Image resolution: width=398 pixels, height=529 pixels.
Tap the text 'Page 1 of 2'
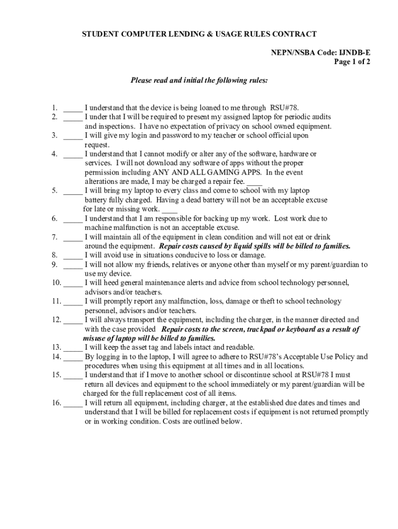(x=352, y=61)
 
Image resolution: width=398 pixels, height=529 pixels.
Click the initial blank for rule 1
(x=73, y=108)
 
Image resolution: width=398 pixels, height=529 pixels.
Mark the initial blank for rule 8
(x=73, y=255)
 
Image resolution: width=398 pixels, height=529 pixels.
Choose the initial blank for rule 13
(x=73, y=347)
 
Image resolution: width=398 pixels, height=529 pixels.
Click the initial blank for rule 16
(x=73, y=403)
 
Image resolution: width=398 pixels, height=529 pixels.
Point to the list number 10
(x=56, y=283)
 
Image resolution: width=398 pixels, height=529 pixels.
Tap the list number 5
(x=54, y=191)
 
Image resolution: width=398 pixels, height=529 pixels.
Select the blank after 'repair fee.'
(x=254, y=182)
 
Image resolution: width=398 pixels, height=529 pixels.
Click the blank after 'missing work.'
(x=170, y=210)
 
